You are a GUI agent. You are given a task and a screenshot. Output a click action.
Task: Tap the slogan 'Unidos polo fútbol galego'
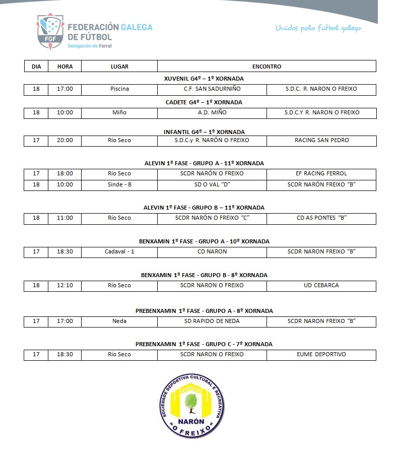coord(318,28)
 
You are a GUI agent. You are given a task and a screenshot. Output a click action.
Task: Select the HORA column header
coord(65,67)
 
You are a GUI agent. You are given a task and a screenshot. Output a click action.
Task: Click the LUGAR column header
coord(119,67)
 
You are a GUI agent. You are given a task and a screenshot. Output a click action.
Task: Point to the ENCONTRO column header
coord(267,67)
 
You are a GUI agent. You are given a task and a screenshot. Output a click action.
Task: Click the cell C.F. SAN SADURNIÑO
coord(212,89)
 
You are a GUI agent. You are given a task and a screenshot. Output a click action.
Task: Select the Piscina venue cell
coord(119,89)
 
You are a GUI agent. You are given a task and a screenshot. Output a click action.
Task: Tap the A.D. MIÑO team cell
coord(212,113)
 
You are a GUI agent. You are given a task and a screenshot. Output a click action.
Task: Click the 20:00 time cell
coord(65,141)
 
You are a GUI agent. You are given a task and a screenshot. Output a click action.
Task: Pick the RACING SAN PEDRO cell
coord(321,141)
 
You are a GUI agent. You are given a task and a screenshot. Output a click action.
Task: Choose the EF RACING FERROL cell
coord(321,174)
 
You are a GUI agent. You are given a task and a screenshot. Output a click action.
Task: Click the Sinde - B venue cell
coord(119,185)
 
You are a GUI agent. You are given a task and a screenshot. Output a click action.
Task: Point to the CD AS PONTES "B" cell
coord(321,218)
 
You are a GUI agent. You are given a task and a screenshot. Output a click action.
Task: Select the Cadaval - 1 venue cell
coord(119,252)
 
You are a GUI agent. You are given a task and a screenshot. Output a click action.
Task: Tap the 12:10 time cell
coord(65,286)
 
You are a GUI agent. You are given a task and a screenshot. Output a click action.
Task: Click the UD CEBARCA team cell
coord(321,286)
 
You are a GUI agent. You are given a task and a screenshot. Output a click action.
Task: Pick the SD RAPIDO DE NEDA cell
coord(212,321)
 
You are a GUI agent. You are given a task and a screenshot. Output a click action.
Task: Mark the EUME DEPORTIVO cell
coord(321,355)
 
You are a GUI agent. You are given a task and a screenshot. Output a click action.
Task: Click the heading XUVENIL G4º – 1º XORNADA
coord(204,79)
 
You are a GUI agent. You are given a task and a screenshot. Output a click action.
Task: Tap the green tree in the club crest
coord(190,401)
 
